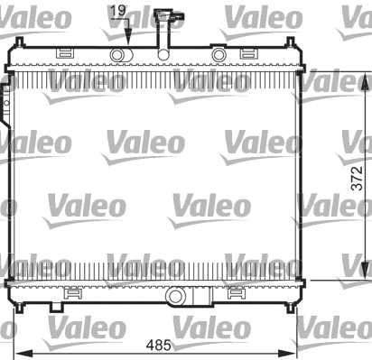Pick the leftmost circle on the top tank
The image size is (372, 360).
[116, 55]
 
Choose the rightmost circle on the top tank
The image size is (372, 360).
[219, 55]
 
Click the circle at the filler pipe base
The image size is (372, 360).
[163, 55]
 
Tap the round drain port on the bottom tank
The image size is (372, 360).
[173, 293]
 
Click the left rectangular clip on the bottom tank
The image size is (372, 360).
[70, 291]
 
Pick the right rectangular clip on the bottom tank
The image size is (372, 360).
[237, 291]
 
